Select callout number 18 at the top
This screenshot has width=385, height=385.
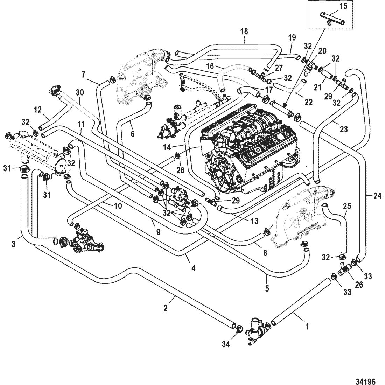[244, 31]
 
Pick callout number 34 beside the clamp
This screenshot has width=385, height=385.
[226, 344]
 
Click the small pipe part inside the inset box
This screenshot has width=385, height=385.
[331, 20]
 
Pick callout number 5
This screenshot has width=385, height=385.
[267, 288]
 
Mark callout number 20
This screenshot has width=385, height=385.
[322, 51]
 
